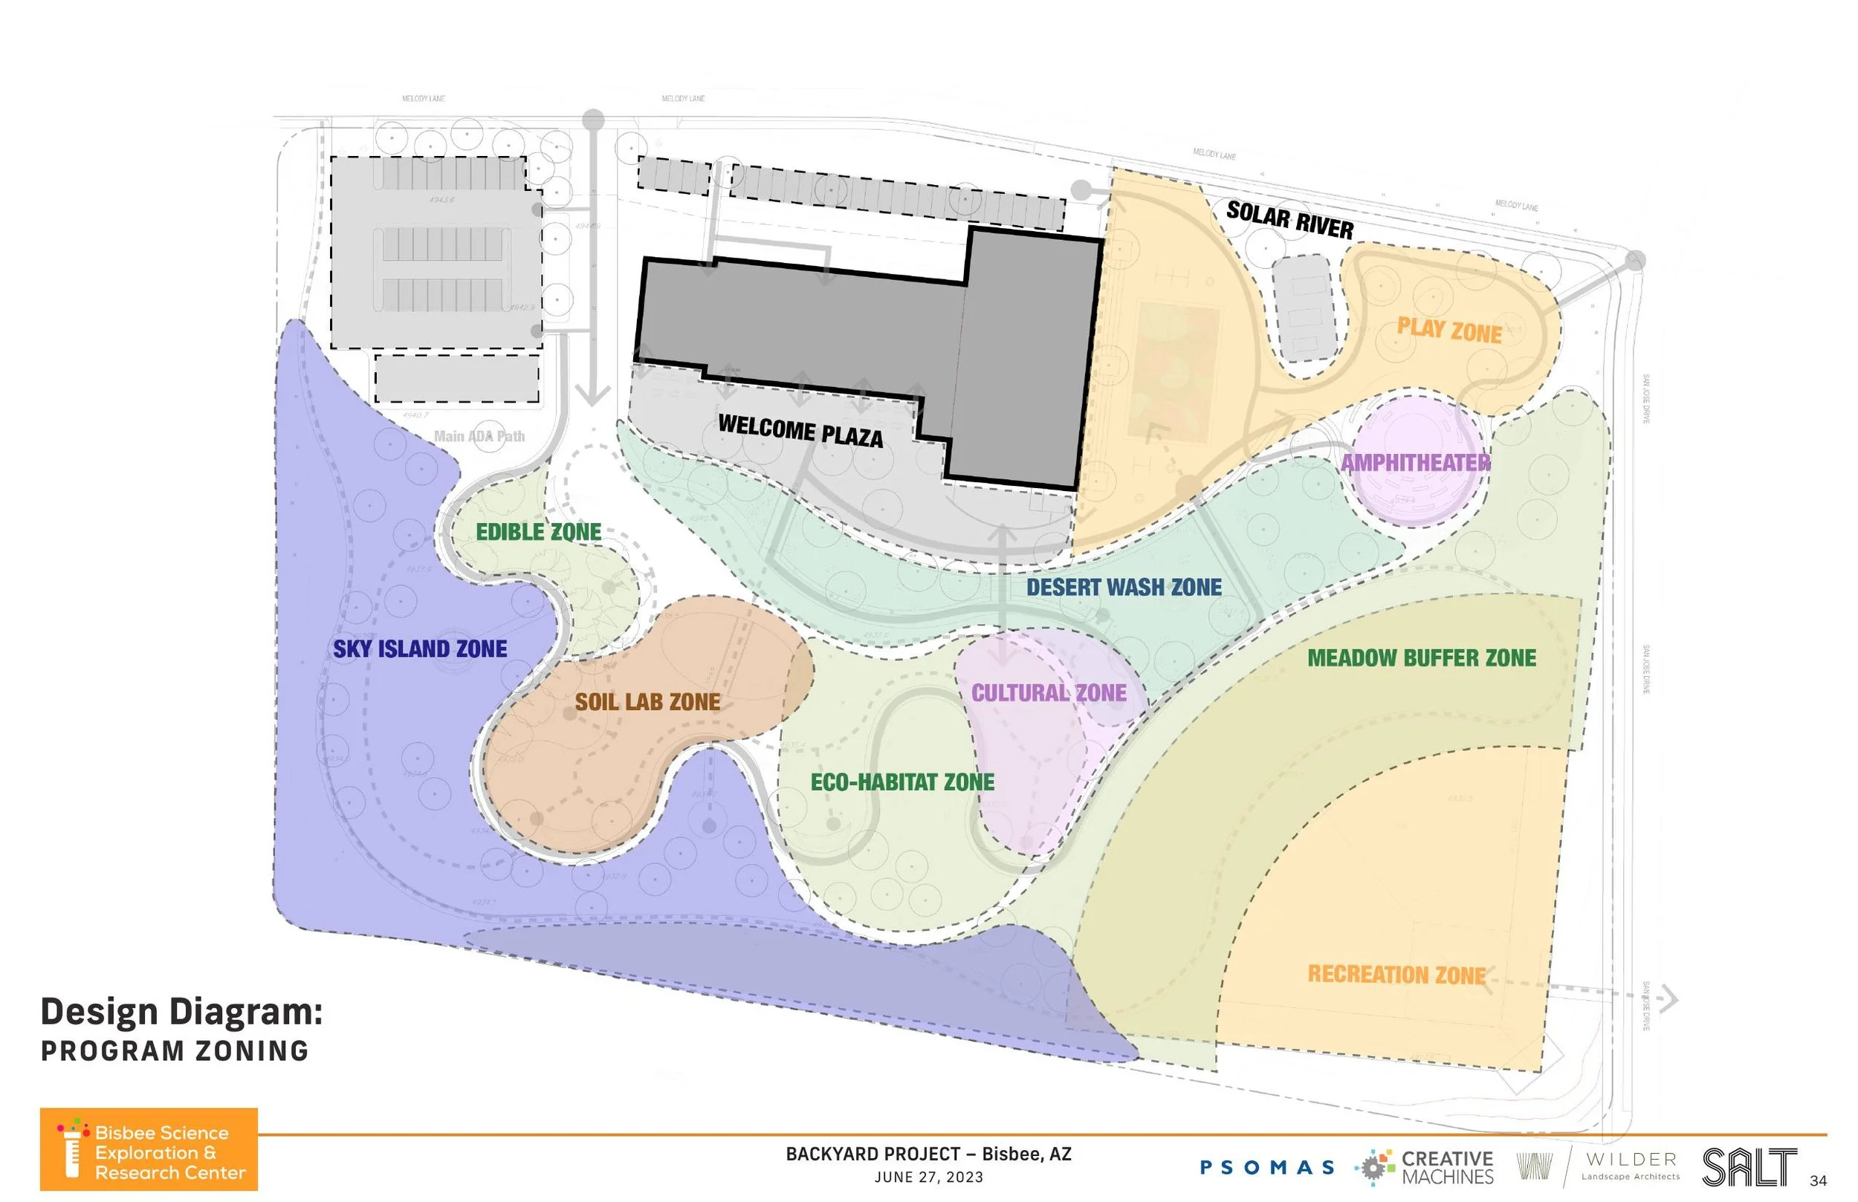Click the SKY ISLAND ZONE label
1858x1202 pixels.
(x=420, y=649)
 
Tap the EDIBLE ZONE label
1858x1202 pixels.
(x=539, y=533)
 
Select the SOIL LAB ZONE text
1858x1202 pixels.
(x=647, y=702)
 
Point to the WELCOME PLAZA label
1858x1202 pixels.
(x=800, y=431)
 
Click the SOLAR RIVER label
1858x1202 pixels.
(x=1289, y=220)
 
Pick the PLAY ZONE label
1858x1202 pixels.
(x=1449, y=330)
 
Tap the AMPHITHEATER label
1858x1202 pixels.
(x=1415, y=463)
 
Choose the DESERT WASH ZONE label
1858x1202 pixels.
(x=1124, y=587)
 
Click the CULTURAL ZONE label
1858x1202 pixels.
(x=1049, y=692)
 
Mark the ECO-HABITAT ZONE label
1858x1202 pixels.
(x=902, y=782)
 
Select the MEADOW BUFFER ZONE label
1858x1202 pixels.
(x=1422, y=658)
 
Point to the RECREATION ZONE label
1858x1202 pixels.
(x=1396, y=974)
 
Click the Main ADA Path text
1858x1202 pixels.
(x=479, y=436)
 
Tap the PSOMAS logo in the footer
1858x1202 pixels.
(x=1266, y=1168)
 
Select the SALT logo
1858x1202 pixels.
(x=1749, y=1168)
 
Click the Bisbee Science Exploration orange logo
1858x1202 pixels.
(x=149, y=1149)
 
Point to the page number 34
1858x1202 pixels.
(x=1818, y=1180)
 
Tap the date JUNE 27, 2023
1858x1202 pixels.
(x=928, y=1177)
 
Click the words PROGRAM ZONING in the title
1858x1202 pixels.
(x=175, y=1050)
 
